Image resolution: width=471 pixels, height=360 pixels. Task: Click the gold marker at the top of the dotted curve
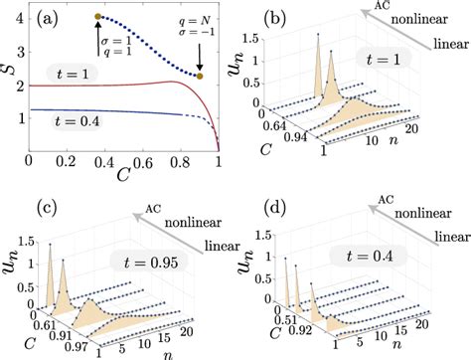tap(97, 17)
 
